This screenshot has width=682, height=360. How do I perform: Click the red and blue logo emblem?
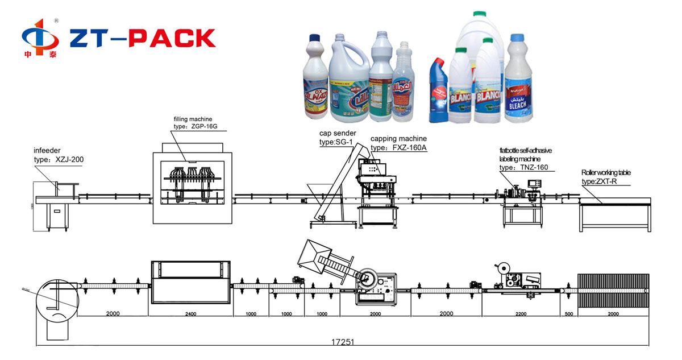point(40,39)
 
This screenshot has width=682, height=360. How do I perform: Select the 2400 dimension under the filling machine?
point(190,313)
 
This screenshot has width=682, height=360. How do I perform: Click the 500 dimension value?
point(569,313)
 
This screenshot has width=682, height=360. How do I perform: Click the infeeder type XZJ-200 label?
point(59,160)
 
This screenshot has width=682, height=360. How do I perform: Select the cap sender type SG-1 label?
point(338,142)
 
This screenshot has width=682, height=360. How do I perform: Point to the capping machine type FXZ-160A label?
point(398,147)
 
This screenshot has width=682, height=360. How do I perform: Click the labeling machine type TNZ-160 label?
point(524,168)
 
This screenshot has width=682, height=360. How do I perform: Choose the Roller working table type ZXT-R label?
point(606,181)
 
